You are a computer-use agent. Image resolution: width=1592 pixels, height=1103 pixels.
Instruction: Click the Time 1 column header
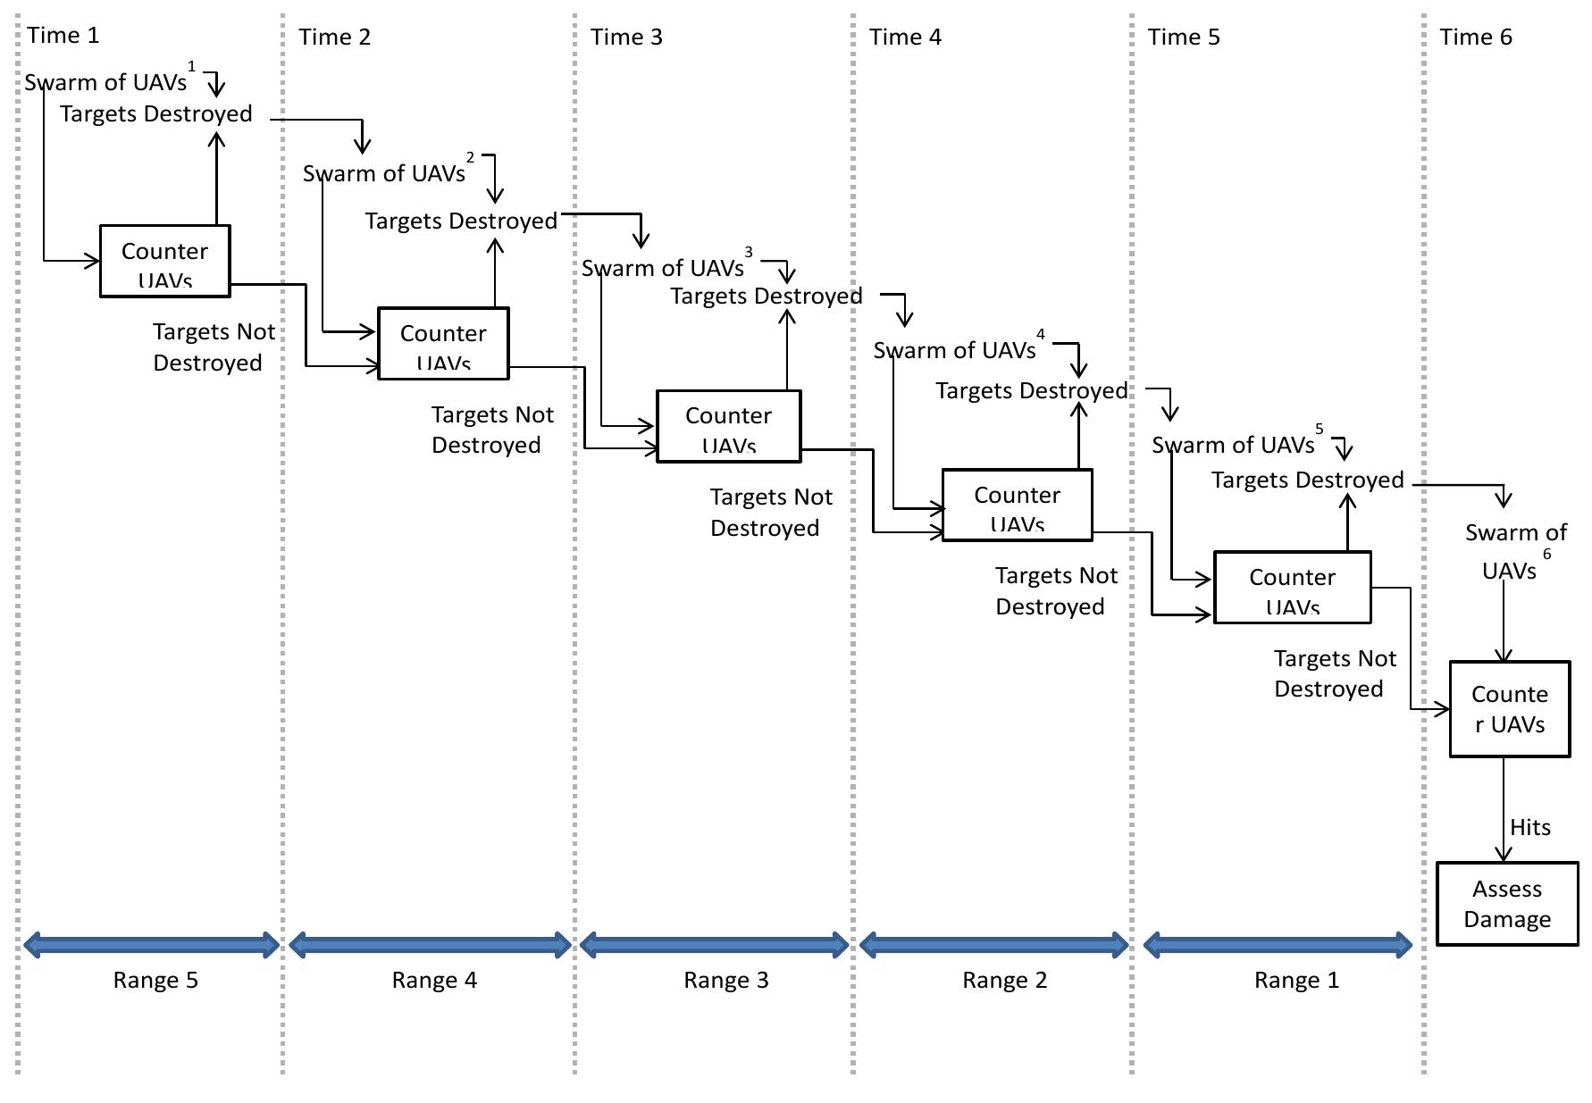pyautogui.click(x=63, y=36)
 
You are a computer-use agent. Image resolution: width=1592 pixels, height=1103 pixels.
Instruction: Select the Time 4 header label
pyautogui.click(x=905, y=38)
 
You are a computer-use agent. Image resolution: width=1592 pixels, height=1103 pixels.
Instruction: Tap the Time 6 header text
pyautogui.click(x=1476, y=38)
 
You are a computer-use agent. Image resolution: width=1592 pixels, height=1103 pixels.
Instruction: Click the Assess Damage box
pyautogui.click(x=1507, y=904)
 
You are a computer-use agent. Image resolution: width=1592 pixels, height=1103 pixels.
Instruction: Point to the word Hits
pyautogui.click(x=1529, y=828)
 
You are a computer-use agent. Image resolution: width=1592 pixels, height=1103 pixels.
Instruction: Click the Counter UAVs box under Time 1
pyautogui.click(x=164, y=261)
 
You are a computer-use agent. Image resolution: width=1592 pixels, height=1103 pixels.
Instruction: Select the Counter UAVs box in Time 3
pyautogui.click(x=728, y=426)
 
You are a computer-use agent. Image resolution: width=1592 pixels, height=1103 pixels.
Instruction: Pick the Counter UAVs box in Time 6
pyautogui.click(x=1509, y=709)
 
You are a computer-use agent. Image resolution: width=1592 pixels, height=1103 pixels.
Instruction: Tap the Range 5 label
pyautogui.click(x=155, y=981)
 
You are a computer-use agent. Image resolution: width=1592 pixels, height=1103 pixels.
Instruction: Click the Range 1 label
pyautogui.click(x=1296, y=981)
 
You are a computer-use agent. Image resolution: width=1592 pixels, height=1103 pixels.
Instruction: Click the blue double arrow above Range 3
pyautogui.click(x=714, y=945)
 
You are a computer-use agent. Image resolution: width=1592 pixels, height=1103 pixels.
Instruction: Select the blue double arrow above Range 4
pyautogui.click(x=430, y=945)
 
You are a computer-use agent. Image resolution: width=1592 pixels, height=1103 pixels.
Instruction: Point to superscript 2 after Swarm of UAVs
pyautogui.click(x=471, y=158)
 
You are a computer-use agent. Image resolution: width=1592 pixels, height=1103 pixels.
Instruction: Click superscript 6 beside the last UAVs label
pyautogui.click(x=1546, y=555)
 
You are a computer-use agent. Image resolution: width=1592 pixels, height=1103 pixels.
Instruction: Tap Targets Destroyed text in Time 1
pyautogui.click(x=156, y=114)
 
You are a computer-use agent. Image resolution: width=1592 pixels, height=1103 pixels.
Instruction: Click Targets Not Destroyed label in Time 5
pyautogui.click(x=1334, y=673)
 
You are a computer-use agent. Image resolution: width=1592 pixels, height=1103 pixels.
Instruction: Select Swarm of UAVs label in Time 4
pyautogui.click(x=954, y=351)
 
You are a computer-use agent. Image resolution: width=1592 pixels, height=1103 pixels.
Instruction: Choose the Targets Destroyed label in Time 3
pyautogui.click(x=767, y=297)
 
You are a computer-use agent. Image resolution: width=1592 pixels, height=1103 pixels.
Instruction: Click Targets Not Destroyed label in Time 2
pyautogui.click(x=491, y=430)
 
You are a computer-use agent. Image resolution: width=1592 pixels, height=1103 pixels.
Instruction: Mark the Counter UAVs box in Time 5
pyautogui.click(x=1292, y=588)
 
